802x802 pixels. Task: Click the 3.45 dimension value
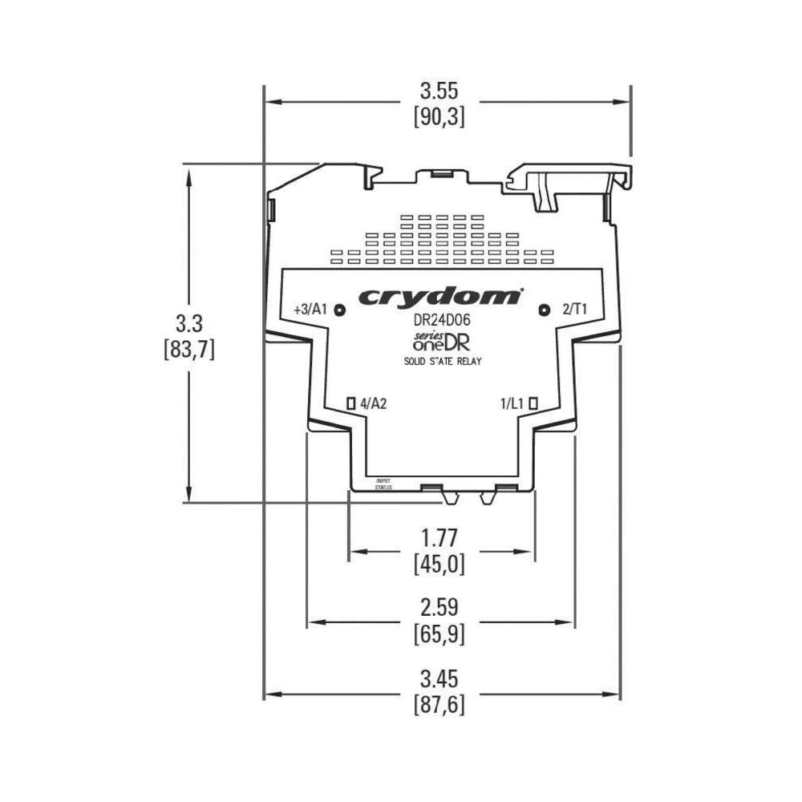(439, 680)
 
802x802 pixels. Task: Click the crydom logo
(439, 297)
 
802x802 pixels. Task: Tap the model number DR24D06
(441, 319)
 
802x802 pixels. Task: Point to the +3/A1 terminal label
(310, 310)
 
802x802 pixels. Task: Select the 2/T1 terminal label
(575, 310)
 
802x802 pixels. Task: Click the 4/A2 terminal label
(374, 403)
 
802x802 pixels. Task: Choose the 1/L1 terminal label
(511, 403)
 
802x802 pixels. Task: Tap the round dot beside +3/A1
(339, 310)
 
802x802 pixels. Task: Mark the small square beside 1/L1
(533, 403)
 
